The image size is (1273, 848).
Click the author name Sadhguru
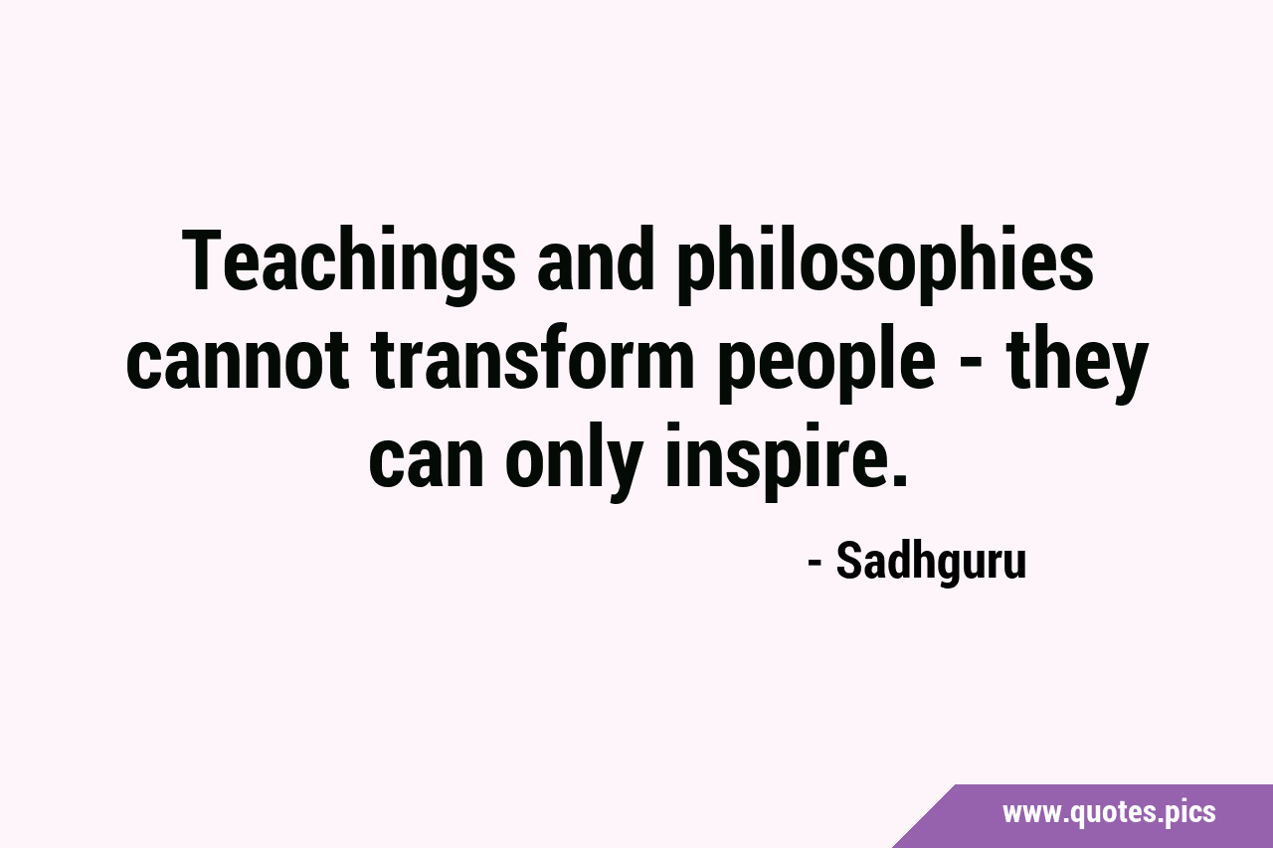[931, 563]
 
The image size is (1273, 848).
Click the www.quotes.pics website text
[1109, 812]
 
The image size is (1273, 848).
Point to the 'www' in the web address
[1030, 815]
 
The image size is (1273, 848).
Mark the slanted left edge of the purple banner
[924, 816]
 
